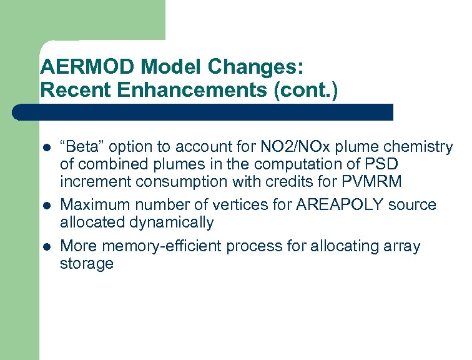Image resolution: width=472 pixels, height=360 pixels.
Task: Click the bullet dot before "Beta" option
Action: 46,148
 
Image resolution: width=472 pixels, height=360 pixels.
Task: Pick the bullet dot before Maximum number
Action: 46,206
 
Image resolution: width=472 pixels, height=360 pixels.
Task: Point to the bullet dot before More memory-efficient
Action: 46,247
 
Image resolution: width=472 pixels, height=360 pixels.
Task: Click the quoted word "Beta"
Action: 84,147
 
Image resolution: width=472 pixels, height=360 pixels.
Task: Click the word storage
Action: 86,263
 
